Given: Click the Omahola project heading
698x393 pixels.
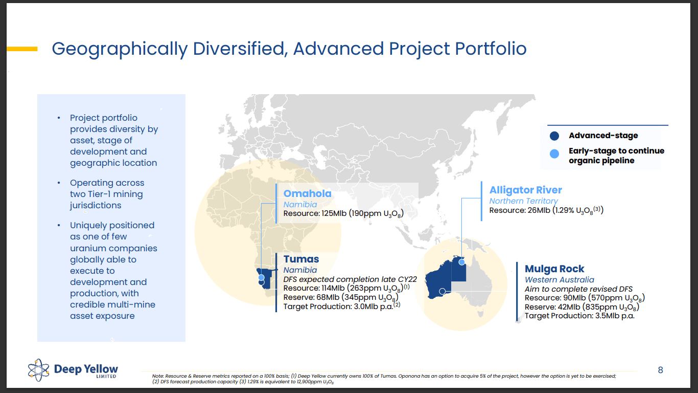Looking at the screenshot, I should coord(307,193).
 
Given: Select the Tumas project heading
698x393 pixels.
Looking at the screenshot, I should coord(301,259).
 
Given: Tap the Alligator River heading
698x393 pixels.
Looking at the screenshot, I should coord(525,190).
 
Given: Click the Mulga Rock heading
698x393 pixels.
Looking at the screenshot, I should coord(554,269).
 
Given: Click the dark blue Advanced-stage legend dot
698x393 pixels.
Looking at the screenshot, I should coord(554,136).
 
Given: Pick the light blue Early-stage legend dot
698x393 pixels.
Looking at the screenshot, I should coord(554,153).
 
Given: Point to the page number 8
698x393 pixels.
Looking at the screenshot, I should coord(660,370).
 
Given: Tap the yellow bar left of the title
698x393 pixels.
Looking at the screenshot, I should coord(22,49).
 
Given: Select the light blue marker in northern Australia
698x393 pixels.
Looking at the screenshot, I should coord(462,262).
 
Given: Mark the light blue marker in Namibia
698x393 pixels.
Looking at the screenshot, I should coord(261,277).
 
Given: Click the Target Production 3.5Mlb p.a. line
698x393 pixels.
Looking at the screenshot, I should coord(579,316).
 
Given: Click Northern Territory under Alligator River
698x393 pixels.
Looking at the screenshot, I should coord(523,201).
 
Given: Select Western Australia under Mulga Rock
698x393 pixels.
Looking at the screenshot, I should coord(559,280).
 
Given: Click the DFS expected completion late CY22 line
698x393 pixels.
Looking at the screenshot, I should coord(350,279).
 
